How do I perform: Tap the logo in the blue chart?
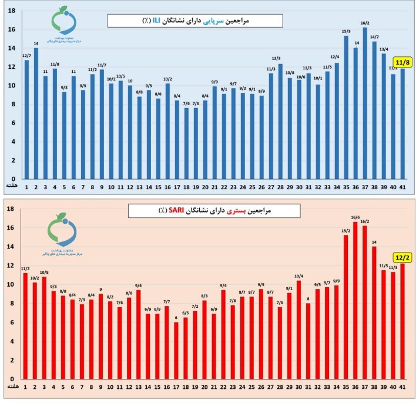(63, 26)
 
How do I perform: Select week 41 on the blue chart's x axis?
(402, 187)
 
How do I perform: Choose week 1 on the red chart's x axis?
(25, 386)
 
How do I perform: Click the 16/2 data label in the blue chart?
(365, 23)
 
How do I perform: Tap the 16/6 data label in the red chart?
(355, 217)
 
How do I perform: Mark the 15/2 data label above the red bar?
(346, 231)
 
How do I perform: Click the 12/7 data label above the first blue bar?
(26, 56)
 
